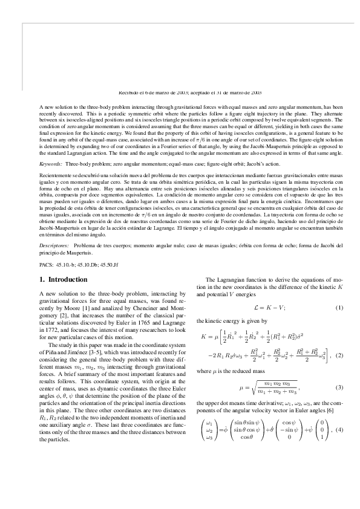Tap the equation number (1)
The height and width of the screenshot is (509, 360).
tap(339, 308)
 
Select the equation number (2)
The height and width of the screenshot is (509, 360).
tap(339, 355)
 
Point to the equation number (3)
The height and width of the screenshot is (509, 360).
tap(339, 387)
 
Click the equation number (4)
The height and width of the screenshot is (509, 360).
tap(339, 430)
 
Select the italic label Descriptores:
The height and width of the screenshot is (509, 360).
tap(54, 246)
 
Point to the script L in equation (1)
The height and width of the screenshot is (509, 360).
tap(255, 308)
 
